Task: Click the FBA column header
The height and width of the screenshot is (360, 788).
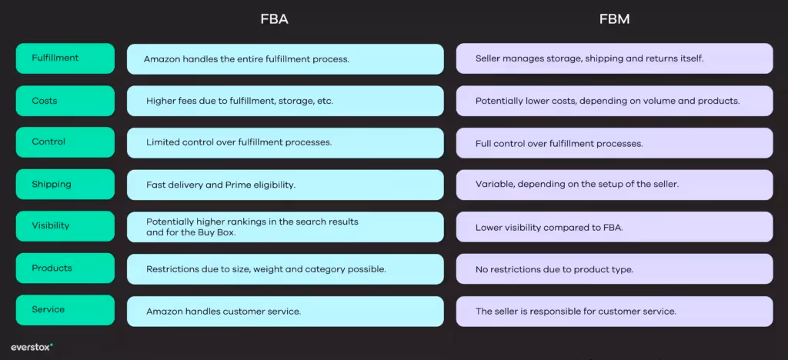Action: pos(275,19)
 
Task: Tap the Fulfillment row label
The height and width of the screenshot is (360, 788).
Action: pos(65,58)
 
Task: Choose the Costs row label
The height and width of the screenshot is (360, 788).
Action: pos(65,101)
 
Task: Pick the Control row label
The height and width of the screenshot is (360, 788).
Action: pos(65,142)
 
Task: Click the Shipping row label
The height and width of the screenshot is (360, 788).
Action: pos(65,185)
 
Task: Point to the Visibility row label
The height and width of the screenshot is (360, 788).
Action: pos(65,226)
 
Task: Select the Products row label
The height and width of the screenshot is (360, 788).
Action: pos(65,268)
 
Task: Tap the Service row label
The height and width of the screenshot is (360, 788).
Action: pos(65,310)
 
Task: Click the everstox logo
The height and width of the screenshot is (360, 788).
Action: pos(32,347)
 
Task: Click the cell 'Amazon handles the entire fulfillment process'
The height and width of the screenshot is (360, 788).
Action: pos(285,59)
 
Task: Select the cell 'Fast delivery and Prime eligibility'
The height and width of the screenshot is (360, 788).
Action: pos(285,185)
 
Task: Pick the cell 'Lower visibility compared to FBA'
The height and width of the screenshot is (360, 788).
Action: pos(614,228)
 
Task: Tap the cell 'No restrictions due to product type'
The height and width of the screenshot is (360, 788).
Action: pos(614,269)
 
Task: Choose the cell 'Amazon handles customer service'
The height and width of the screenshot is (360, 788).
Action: pos(285,312)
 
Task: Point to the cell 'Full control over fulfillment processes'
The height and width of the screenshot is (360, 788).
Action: pos(614,144)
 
